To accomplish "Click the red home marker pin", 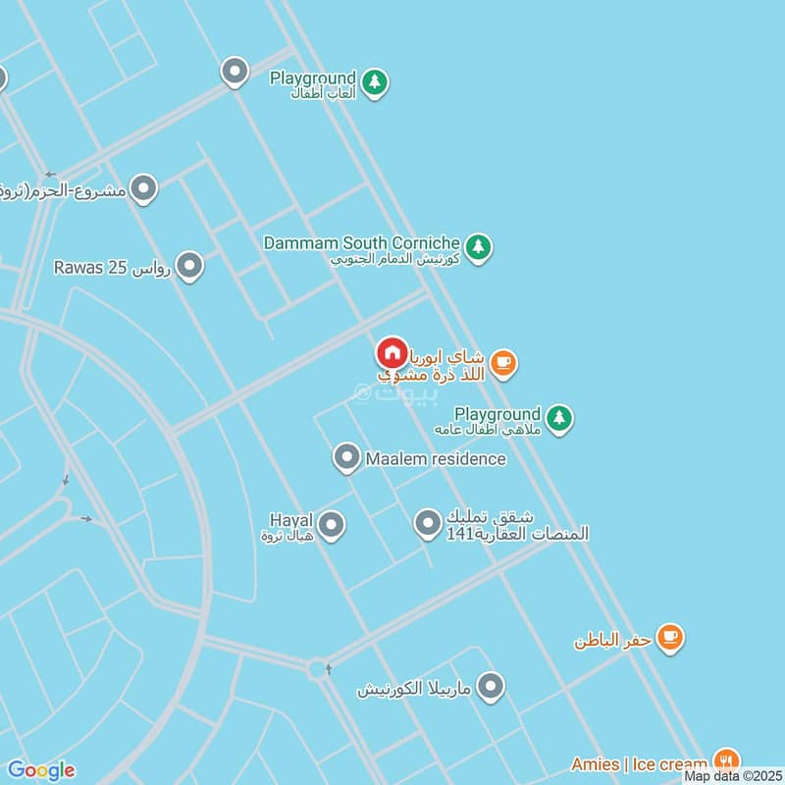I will click(392, 353).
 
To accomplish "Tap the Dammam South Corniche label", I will click(361, 242).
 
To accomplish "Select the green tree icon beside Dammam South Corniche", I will click(478, 247).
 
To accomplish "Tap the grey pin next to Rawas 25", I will click(189, 266).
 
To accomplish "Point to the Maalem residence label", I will click(436, 458).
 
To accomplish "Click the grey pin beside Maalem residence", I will click(345, 458).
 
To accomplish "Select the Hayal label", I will click(290, 519).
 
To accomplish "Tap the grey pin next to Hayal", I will click(332, 525).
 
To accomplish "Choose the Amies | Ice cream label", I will click(639, 764).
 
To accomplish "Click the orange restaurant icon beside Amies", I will click(726, 759).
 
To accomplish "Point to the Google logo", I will click(41, 770).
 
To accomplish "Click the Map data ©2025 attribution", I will click(734, 776).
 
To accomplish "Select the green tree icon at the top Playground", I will click(374, 82).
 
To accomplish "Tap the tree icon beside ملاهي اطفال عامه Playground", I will click(559, 419).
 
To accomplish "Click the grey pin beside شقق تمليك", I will click(427, 525).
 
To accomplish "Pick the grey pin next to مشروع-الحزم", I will click(144, 188).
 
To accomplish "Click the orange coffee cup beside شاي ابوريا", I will click(503, 364).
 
